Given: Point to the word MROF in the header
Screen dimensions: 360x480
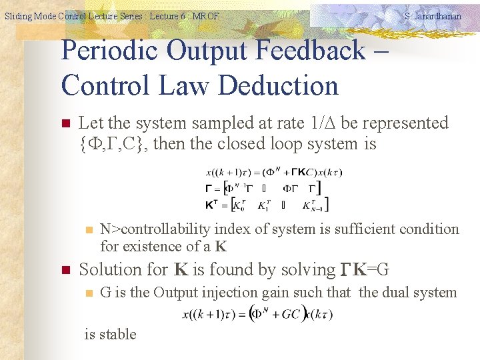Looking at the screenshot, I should (205, 16).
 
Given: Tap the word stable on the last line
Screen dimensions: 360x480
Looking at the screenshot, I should (119, 334).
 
